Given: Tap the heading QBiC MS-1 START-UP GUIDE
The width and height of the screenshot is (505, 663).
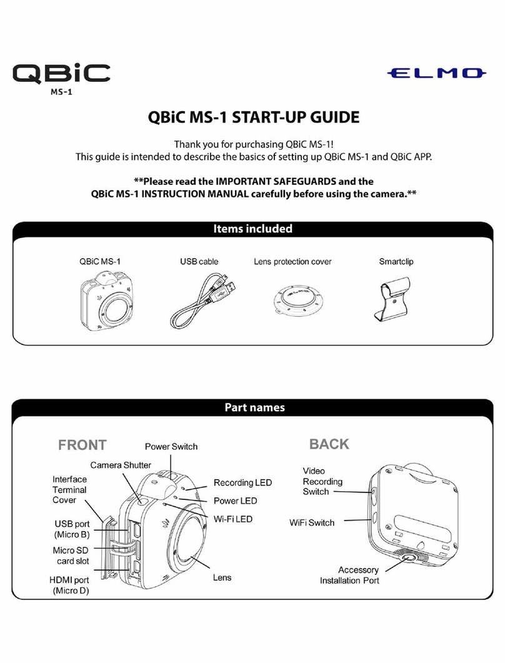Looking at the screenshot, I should click(x=252, y=117).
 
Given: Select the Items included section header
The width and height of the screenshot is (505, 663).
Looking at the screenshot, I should click(x=252, y=229).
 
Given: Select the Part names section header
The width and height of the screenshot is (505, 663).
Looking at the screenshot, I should click(x=252, y=407).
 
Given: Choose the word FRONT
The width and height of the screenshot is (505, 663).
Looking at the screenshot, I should click(x=82, y=445).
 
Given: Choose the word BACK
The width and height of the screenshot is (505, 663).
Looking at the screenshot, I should click(x=329, y=444).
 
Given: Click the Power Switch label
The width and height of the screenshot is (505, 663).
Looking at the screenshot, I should click(x=171, y=446).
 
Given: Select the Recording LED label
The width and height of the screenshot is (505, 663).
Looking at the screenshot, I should click(x=242, y=483).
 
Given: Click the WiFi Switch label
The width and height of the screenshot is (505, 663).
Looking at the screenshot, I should click(x=312, y=522).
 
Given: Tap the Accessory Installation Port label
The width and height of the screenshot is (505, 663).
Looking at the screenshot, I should click(x=349, y=575).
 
